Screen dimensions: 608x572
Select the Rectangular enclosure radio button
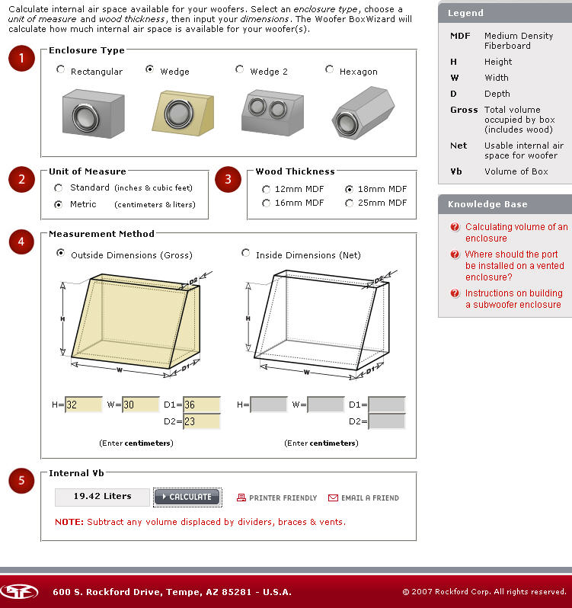(x=61, y=69)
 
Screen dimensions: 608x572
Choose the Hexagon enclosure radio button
(x=330, y=69)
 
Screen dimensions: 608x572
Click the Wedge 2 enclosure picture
(x=268, y=111)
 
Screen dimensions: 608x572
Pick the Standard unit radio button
(x=59, y=187)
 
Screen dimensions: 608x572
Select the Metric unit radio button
(x=59, y=204)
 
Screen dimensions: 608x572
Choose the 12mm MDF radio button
(x=266, y=189)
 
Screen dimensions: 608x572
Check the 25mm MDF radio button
(x=350, y=203)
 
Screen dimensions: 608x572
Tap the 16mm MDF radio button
(x=266, y=203)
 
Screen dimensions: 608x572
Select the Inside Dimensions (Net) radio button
(x=245, y=253)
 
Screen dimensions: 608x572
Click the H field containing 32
(x=83, y=405)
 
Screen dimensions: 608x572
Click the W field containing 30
(x=141, y=405)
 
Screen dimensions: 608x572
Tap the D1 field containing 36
(x=201, y=405)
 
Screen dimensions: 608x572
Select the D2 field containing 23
(x=201, y=421)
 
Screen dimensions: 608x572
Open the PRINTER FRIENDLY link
(x=276, y=498)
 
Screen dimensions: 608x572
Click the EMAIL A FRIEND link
(x=363, y=498)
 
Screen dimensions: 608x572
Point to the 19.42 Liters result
(x=102, y=497)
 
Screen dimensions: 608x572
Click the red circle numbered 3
(x=228, y=180)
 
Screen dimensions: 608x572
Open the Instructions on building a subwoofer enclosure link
(x=513, y=299)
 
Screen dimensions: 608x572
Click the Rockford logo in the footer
(x=19, y=591)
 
